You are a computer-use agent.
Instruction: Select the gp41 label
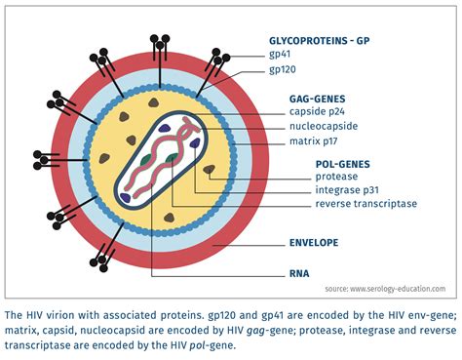[281, 57]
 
